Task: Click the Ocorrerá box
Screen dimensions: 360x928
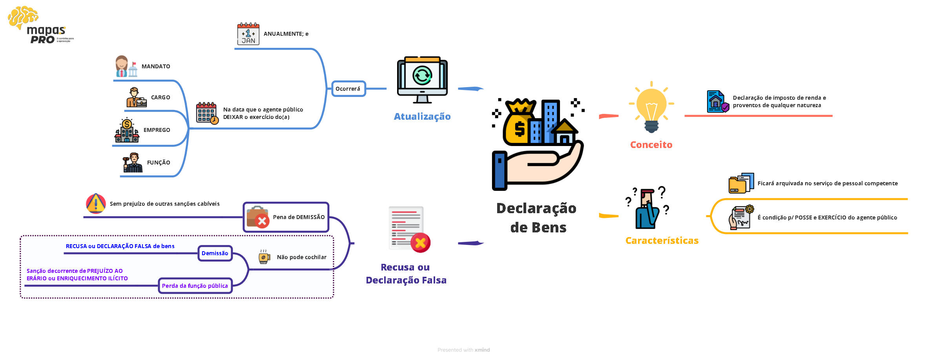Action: (348, 89)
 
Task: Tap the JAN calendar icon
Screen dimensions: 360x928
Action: (248, 34)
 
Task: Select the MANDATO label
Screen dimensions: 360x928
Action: (156, 66)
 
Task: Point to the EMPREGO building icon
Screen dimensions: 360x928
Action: (127, 130)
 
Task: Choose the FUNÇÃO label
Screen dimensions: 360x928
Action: (159, 163)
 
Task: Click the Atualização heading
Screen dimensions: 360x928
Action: (422, 117)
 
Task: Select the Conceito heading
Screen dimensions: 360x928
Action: (651, 145)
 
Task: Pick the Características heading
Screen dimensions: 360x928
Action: (662, 241)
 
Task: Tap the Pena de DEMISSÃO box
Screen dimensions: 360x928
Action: (286, 217)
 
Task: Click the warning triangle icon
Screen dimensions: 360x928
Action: (96, 203)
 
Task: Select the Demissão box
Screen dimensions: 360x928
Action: (215, 253)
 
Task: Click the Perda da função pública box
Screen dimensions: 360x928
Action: (195, 286)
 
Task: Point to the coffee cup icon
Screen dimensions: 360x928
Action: (264, 257)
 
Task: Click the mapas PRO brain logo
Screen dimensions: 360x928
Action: (24, 18)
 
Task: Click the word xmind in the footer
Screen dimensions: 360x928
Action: (482, 350)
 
